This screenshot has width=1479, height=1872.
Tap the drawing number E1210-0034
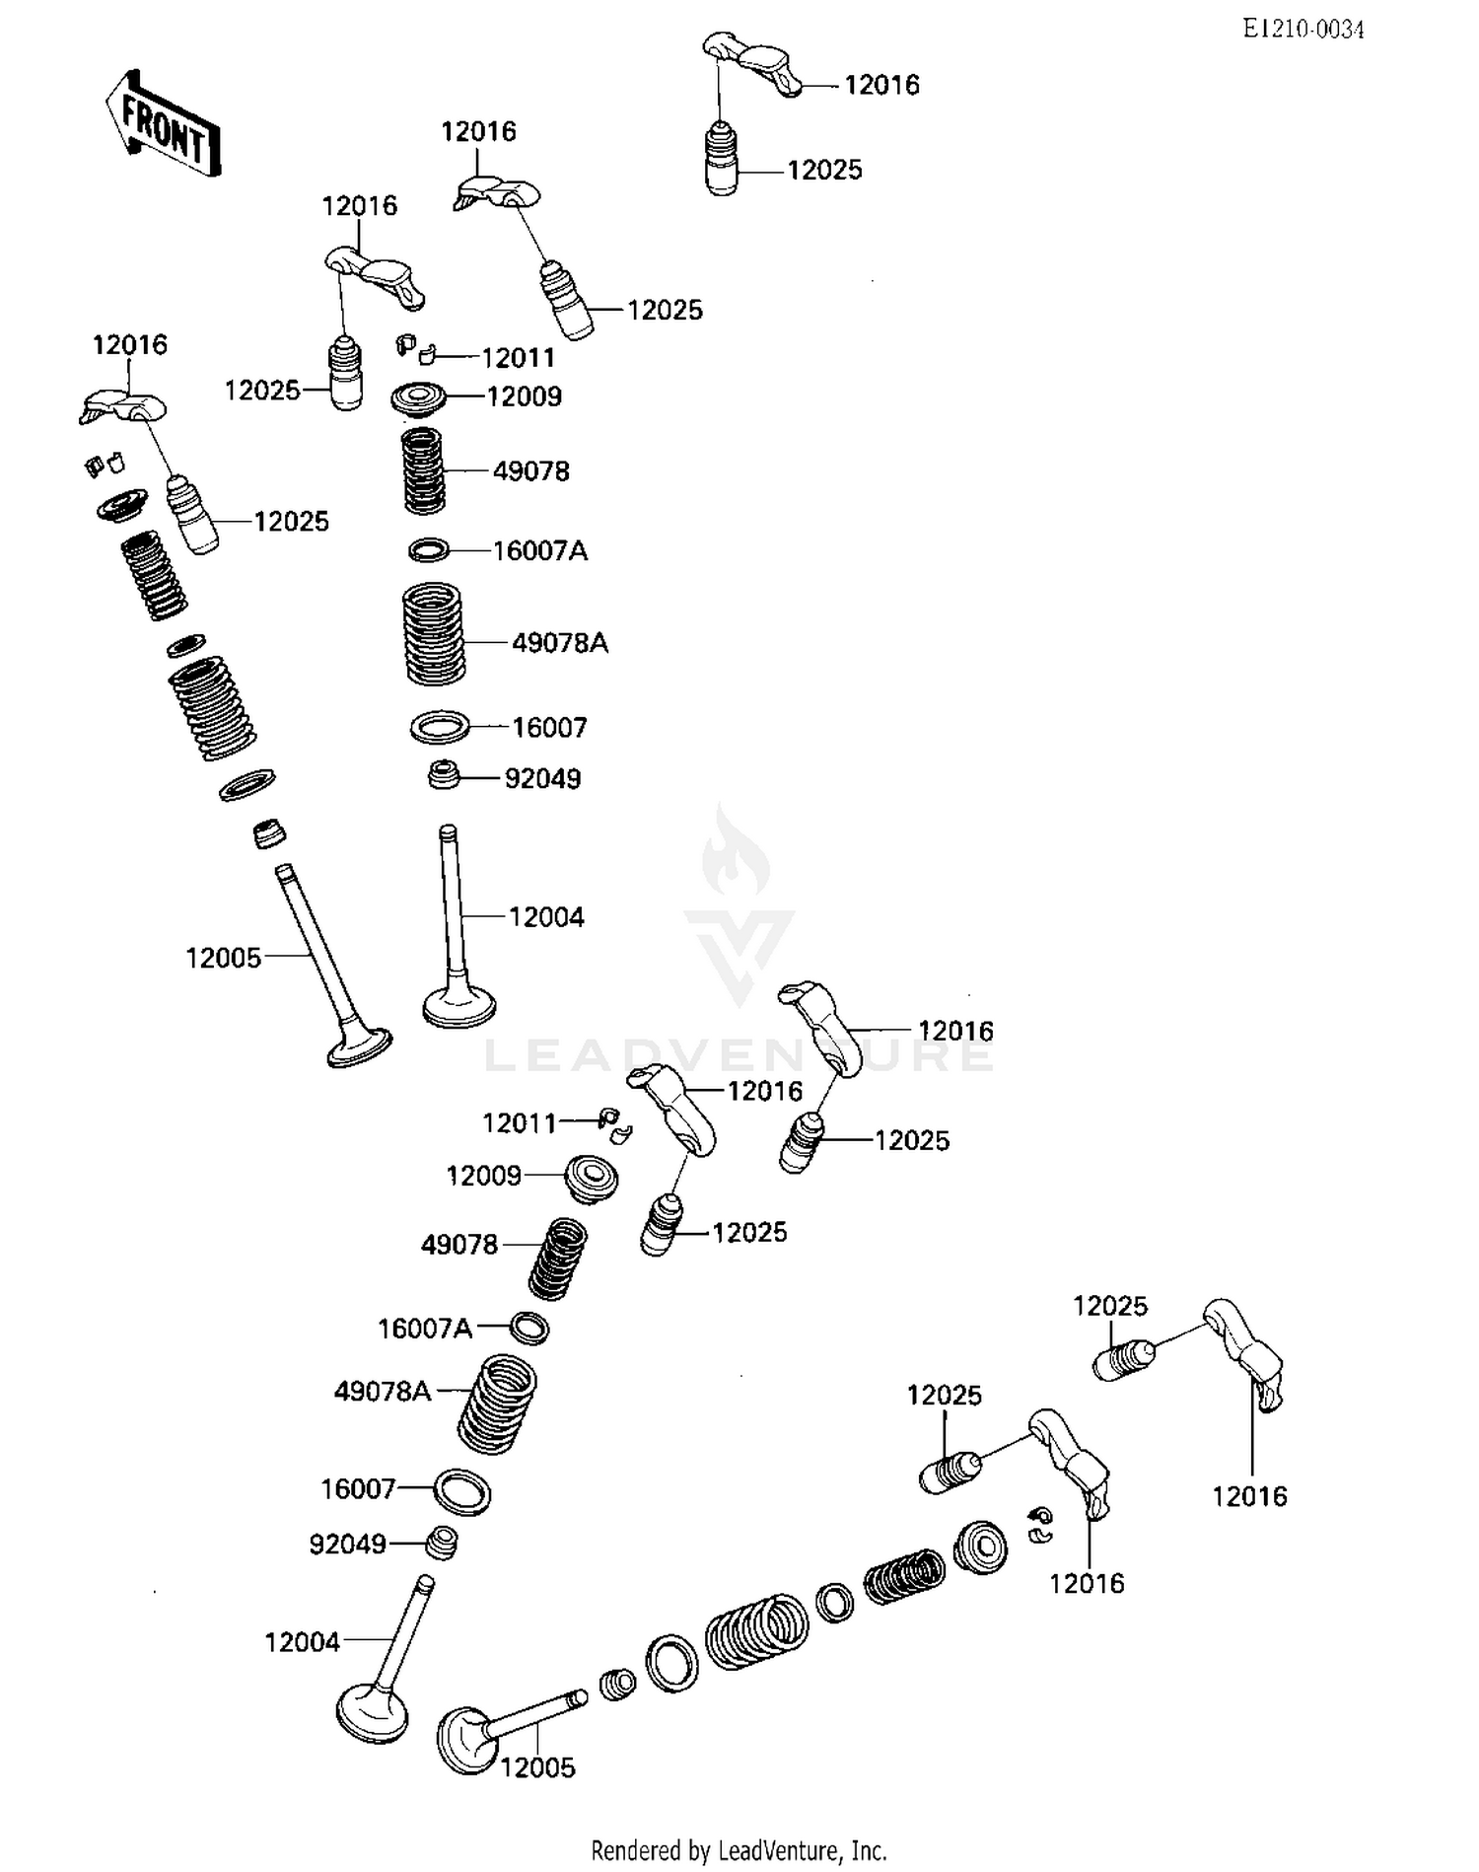[1303, 30]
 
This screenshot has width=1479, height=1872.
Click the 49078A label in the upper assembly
[559, 643]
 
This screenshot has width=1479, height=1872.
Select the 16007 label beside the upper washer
[549, 728]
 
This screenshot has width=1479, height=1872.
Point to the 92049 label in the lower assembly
[347, 1544]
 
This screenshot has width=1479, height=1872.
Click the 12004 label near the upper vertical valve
[546, 917]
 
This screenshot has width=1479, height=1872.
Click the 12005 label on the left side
[224, 958]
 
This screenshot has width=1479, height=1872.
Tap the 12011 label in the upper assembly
[518, 357]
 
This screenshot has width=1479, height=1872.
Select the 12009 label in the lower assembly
[483, 1176]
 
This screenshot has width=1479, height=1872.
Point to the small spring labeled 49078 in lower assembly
[558, 1259]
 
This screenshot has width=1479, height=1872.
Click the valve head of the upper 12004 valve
[458, 1008]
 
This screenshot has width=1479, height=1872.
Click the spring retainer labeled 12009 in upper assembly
[419, 398]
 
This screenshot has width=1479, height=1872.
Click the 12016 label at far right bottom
[1249, 1496]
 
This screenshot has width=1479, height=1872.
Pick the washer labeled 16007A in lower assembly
[529, 1328]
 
